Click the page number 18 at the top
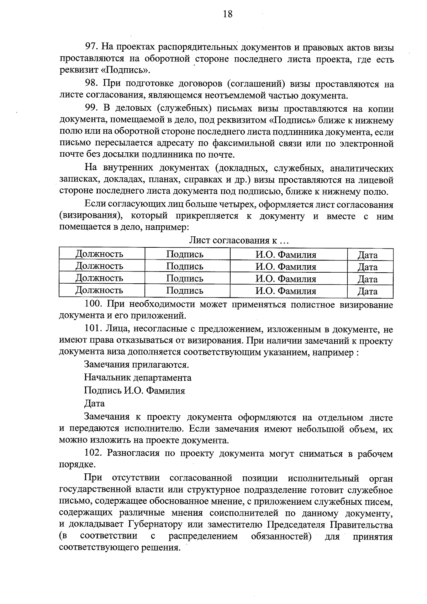227,14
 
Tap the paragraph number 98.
91,84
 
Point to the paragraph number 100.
94,305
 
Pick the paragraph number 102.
94,453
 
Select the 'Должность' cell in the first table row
99,254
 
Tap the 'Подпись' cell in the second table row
185,266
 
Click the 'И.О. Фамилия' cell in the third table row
286,279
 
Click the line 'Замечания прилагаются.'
136,365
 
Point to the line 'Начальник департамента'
138,378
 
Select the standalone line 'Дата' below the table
94,404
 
